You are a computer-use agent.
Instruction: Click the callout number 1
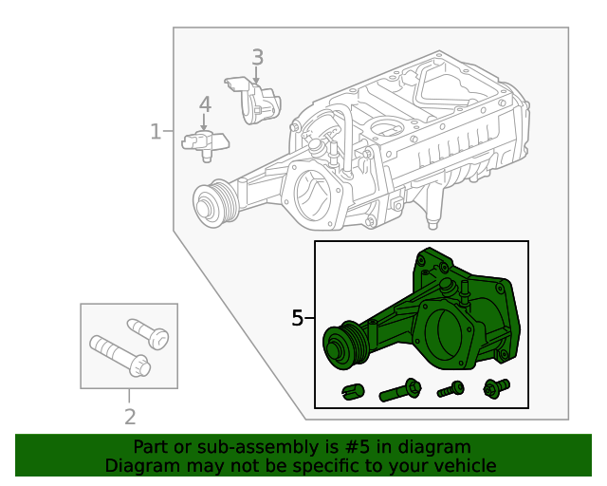tap(156, 131)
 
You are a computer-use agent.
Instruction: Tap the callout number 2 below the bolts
tap(130, 416)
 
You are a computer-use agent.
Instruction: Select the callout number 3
tap(257, 58)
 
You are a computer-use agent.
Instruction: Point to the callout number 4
tap(205, 104)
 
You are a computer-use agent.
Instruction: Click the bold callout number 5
tap(298, 318)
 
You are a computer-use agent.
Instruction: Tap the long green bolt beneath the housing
tap(399, 389)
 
